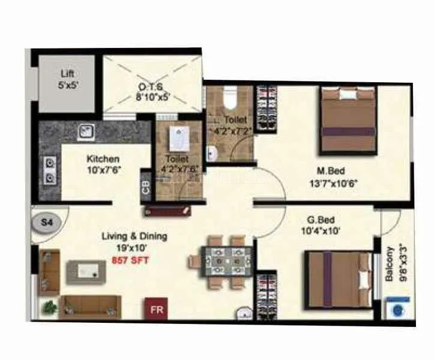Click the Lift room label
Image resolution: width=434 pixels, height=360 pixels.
pyautogui.click(x=67, y=79)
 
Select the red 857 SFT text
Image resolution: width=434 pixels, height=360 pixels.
pyautogui.click(x=130, y=260)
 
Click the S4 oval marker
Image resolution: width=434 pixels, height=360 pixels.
pyautogui.click(x=46, y=222)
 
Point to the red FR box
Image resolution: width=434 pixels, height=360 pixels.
pyautogui.click(x=155, y=310)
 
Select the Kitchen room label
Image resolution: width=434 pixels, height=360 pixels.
pyautogui.click(x=103, y=164)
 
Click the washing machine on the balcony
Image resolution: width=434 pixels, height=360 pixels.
pyautogui.click(x=396, y=310)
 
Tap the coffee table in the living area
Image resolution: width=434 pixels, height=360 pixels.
pyautogui.click(x=86, y=272)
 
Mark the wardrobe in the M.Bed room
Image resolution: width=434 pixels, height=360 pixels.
pyautogui.click(x=265, y=107)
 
